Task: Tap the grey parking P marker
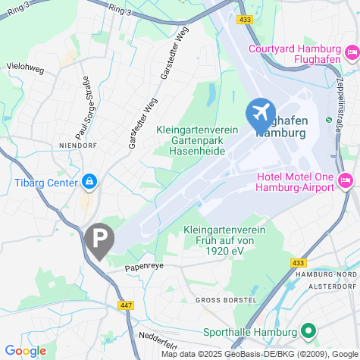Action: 99,240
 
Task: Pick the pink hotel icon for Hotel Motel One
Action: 346,180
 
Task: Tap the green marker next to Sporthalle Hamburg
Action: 308,331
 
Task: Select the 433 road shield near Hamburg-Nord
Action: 298,262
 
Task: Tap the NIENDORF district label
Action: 79,144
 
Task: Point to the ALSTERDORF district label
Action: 328,286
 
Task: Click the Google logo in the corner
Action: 24,350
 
